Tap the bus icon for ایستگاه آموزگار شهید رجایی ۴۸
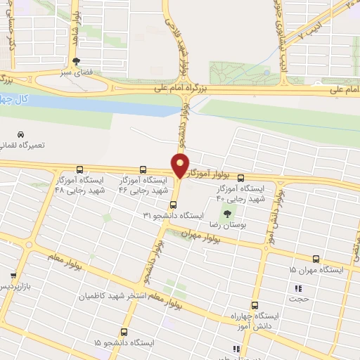(x=79, y=169)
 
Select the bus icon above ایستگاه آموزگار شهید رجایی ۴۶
(x=143, y=169)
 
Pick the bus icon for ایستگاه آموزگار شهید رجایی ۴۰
(x=241, y=178)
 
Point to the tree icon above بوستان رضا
(x=226, y=213)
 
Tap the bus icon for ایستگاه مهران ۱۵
(x=316, y=259)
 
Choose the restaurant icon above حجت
(x=298, y=288)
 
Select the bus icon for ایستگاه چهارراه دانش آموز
(x=255, y=304)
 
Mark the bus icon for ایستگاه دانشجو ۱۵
(x=124, y=331)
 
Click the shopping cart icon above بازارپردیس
(x=13, y=275)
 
